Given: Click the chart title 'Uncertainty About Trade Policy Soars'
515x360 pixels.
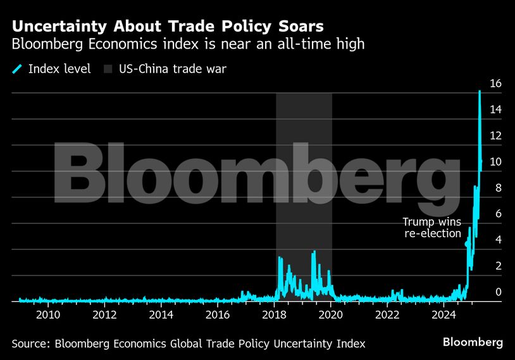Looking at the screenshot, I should tap(168, 26).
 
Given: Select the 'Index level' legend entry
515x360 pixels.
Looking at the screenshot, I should tap(59, 69).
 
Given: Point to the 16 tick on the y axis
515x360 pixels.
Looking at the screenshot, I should tap(495, 84).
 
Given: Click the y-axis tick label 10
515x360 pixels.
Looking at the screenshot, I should tap(495, 162).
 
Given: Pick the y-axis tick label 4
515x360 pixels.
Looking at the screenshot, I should tap(499, 240).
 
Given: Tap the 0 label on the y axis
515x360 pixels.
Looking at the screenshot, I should tap(499, 292).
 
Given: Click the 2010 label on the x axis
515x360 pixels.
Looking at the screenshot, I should tap(48, 314).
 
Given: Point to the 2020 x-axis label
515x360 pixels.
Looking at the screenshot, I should tap(331, 314).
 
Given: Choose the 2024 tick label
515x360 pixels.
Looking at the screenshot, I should tap(444, 314).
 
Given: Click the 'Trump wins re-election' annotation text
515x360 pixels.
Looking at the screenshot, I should tap(432, 228).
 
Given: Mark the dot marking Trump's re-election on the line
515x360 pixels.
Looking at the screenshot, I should tap(468, 244).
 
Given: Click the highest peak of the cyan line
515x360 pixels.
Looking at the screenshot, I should tap(480, 92).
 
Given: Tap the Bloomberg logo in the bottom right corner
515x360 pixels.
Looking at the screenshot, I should tap(473, 342).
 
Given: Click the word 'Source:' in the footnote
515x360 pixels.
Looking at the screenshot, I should tap(31, 344).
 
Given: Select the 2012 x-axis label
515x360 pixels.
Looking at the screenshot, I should tap(104, 314).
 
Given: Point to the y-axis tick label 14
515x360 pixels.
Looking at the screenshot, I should tap(495, 110).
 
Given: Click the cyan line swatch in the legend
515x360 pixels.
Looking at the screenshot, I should tap(16, 69).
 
